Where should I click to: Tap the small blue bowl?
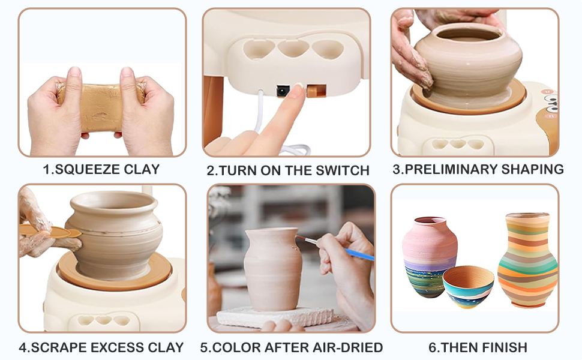pos(468,286)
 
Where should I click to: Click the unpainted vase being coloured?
pos(274,268)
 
